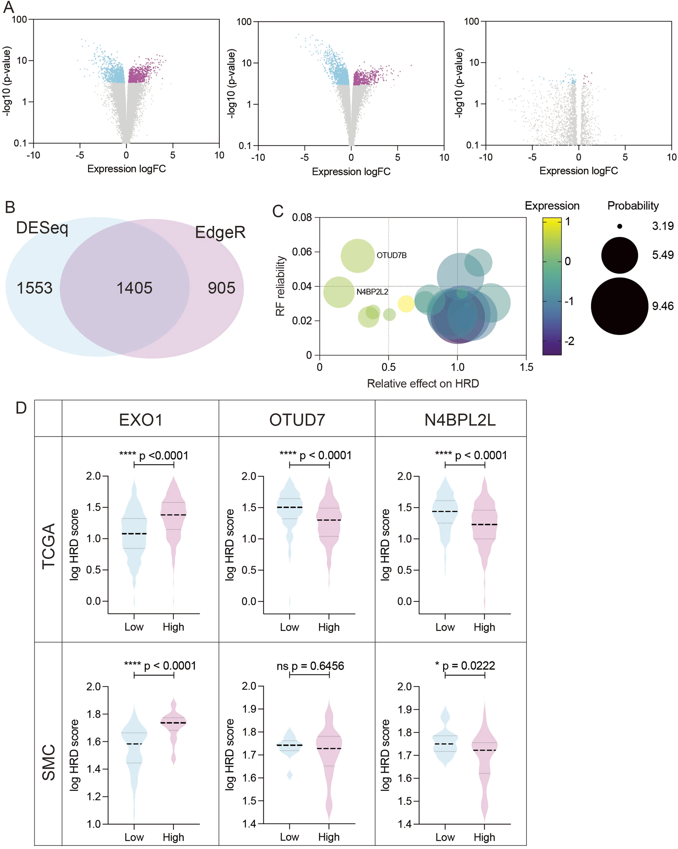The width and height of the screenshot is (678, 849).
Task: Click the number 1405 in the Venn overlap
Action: pos(134,288)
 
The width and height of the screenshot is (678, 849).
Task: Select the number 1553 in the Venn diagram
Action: pos(34,288)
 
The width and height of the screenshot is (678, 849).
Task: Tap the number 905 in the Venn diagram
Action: pos(221,288)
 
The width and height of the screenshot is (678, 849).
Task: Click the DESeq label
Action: pos(42,228)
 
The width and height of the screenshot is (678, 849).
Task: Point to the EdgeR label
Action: pos(220,232)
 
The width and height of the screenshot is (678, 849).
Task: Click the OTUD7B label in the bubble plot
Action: pos(391,255)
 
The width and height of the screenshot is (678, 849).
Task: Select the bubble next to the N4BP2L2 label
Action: pos(339,292)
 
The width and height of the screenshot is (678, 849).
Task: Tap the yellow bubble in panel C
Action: pos(406,304)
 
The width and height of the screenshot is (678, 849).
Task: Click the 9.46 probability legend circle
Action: pos(619,306)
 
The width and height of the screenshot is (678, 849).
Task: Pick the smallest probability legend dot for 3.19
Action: pos(620,226)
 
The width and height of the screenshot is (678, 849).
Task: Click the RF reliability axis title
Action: pos(280,286)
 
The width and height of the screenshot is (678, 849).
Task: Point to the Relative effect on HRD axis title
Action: pos(423,384)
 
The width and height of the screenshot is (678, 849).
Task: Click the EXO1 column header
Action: pos(140,420)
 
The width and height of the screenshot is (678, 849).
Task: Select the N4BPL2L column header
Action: pos(460,420)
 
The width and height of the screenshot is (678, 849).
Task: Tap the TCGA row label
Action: pos(49,546)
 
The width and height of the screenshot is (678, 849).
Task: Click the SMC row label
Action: pos(49,762)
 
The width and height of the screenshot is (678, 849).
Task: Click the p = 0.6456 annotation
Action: pos(317,666)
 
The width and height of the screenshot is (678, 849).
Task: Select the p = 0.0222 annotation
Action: pos(469,666)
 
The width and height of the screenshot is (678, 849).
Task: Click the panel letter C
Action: pos(278,211)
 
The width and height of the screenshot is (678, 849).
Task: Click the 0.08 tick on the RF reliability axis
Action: pos(302,217)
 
